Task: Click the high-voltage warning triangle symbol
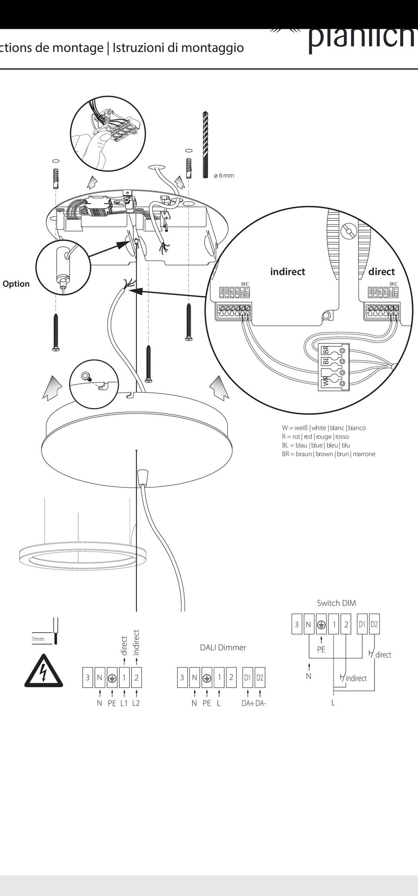pyautogui.click(x=44, y=671)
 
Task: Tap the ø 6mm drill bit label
pyautogui.click(x=224, y=175)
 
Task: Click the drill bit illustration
pyautogui.click(x=205, y=144)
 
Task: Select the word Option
pyautogui.click(x=16, y=284)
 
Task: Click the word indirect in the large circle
pyautogui.click(x=287, y=272)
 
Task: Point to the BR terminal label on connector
pyautogui.click(x=325, y=351)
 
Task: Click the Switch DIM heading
pyautogui.click(x=336, y=603)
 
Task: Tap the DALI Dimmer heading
pyautogui.click(x=223, y=648)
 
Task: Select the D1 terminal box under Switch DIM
pyautogui.click(x=362, y=624)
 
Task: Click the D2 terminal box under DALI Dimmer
pyautogui.click(x=260, y=678)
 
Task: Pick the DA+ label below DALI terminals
pyautogui.click(x=247, y=703)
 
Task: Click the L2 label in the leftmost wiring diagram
pyautogui.click(x=136, y=703)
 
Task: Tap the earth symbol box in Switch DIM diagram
pyautogui.click(x=321, y=624)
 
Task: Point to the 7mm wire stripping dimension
pyautogui.click(x=38, y=639)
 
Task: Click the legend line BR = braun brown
pyautogui.click(x=328, y=454)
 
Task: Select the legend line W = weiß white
pyautogui.click(x=324, y=428)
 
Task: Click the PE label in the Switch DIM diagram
pyautogui.click(x=321, y=649)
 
